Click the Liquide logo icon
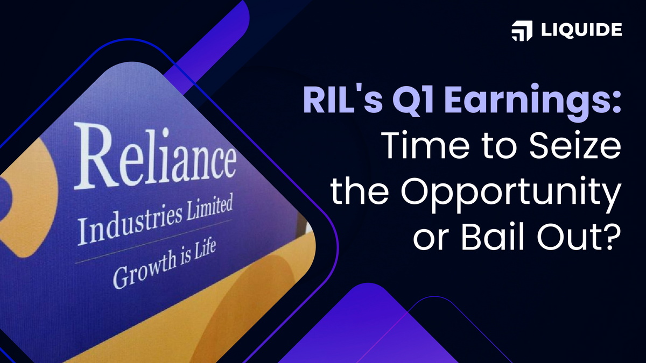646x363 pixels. [521, 31]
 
